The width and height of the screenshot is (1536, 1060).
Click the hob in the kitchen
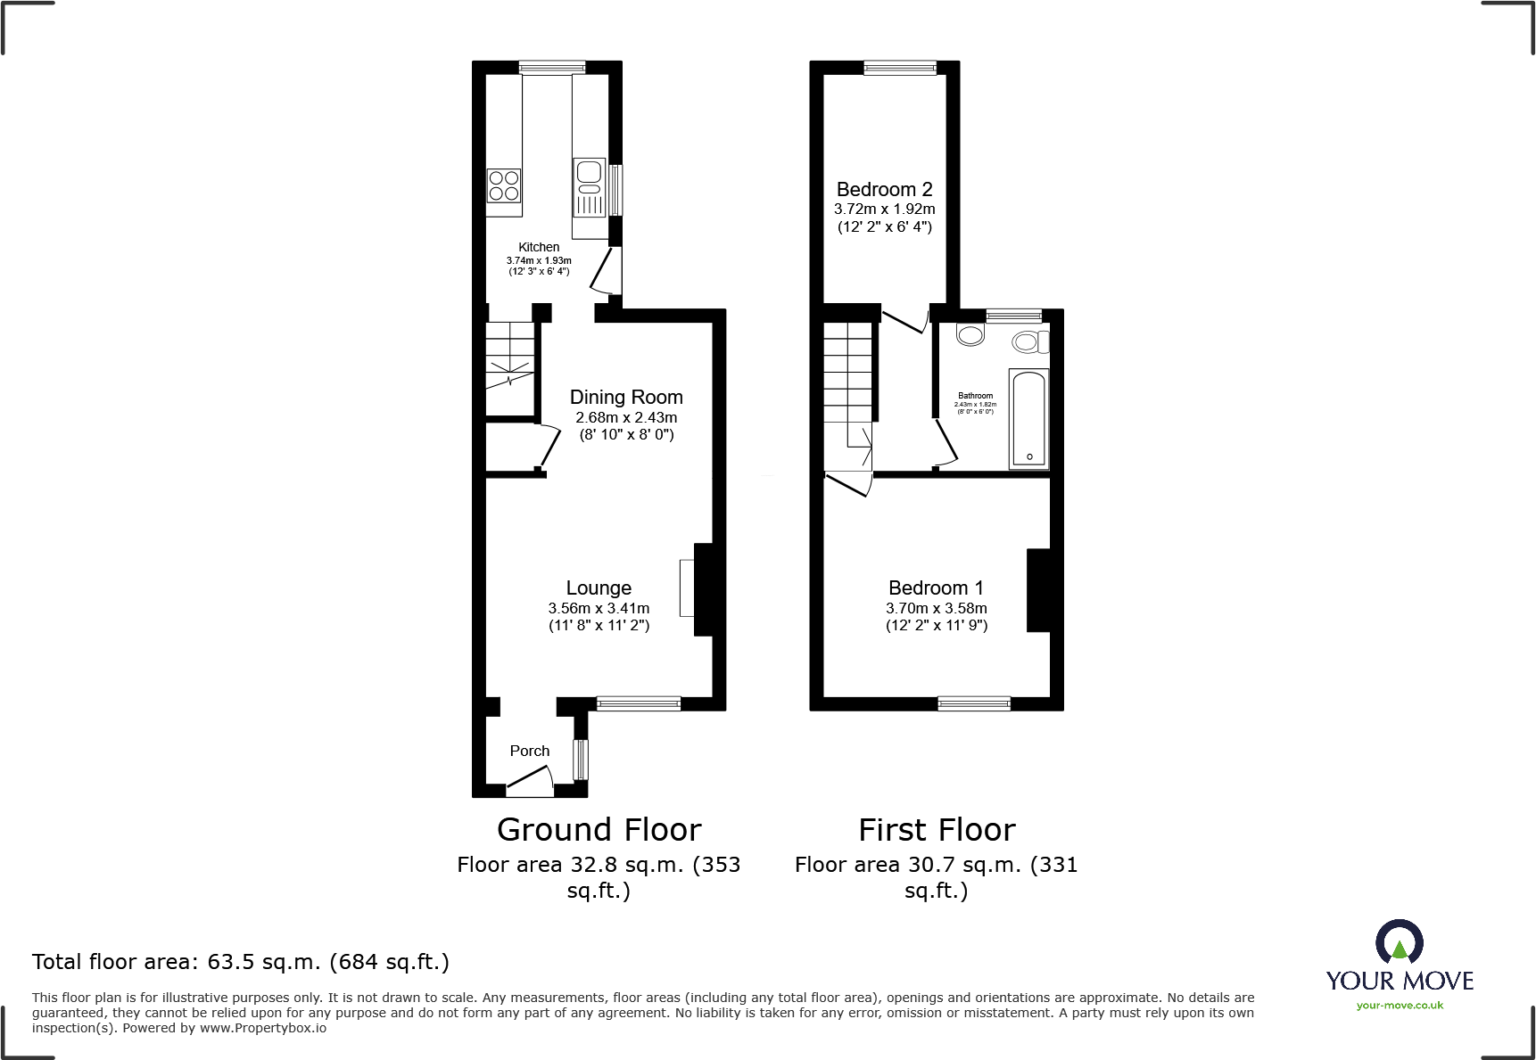[504, 186]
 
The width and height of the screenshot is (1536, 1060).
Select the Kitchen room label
[539, 247]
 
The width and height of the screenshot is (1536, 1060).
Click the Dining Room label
[626, 398]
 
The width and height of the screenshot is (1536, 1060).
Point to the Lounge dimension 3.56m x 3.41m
[599, 608]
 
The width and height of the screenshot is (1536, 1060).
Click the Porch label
[529, 751]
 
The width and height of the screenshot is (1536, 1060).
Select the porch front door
[530, 786]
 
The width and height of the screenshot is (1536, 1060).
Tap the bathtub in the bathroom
[1028, 418]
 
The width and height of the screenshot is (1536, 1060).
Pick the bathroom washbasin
[970, 334]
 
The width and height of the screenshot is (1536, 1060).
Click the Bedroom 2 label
[884, 190]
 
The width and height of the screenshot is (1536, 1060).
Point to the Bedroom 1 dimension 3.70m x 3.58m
[936, 608]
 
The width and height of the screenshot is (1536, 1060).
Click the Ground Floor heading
[599, 830]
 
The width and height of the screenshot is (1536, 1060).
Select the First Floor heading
[937, 830]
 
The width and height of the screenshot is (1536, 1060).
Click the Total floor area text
[241, 962]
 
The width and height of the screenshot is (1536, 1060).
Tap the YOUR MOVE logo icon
[1399, 941]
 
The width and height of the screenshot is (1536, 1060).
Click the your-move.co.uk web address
[1399, 1006]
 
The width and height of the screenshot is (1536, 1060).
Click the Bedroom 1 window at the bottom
[973, 703]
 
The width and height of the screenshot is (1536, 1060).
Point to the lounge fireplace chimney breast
[704, 589]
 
